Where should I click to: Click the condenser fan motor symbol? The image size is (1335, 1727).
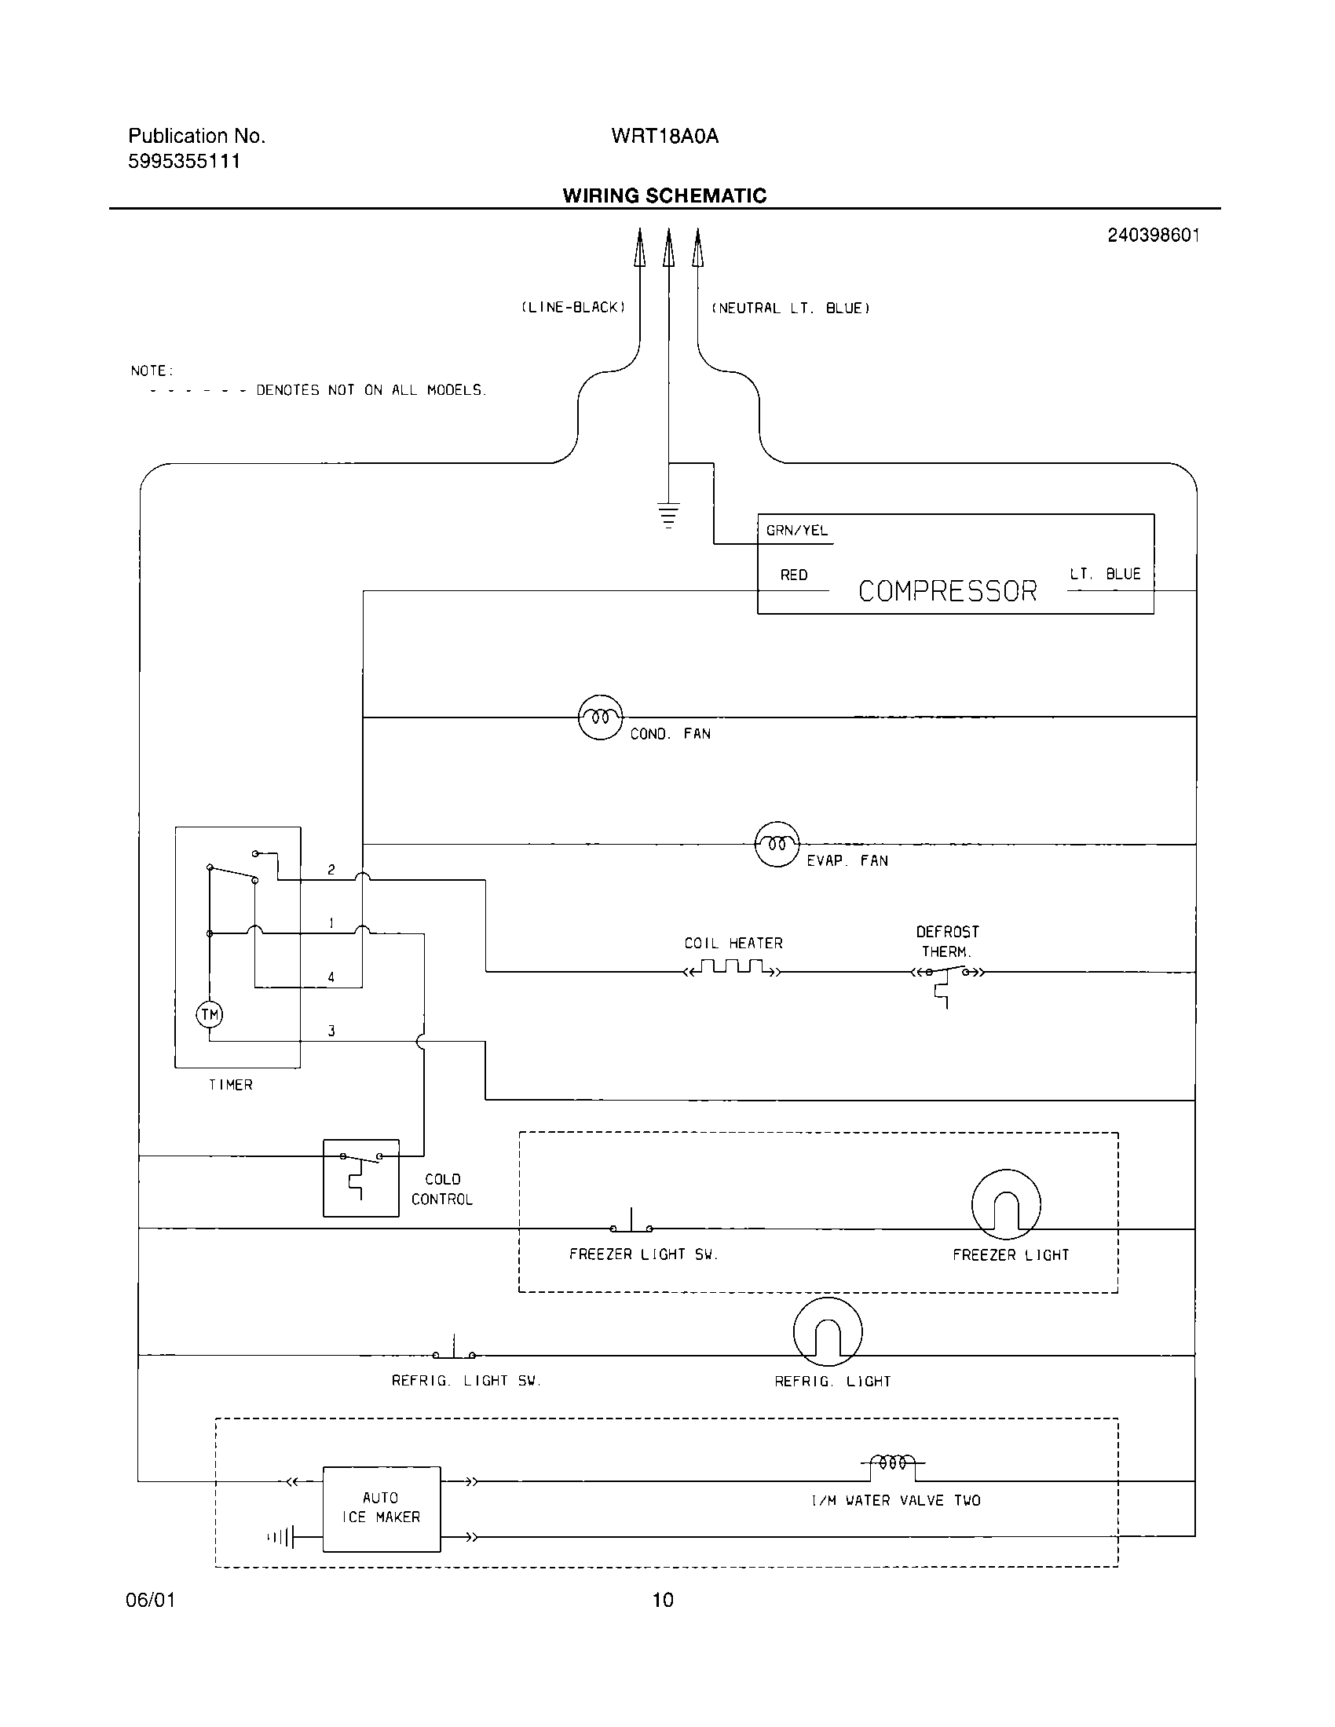(x=600, y=717)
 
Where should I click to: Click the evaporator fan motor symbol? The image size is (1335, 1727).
(x=777, y=845)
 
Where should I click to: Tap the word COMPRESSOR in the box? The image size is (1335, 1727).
(x=947, y=591)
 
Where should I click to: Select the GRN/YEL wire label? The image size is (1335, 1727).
(x=796, y=531)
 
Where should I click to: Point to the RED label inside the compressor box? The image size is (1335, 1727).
(x=793, y=575)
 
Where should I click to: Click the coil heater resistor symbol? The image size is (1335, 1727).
(x=733, y=969)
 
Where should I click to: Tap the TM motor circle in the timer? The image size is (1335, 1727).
(x=210, y=1014)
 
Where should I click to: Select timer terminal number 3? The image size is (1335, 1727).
(x=331, y=1031)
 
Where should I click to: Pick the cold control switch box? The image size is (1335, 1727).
(x=360, y=1177)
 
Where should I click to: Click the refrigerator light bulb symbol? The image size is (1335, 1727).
(x=827, y=1331)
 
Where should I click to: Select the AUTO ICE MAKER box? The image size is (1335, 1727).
(x=381, y=1508)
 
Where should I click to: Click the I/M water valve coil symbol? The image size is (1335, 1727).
(x=892, y=1465)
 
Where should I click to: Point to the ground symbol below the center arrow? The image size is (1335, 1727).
(x=668, y=514)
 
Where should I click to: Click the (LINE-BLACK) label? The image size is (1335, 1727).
(x=573, y=308)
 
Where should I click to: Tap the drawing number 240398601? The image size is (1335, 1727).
(x=1153, y=235)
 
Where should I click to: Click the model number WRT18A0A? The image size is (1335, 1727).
(x=664, y=137)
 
